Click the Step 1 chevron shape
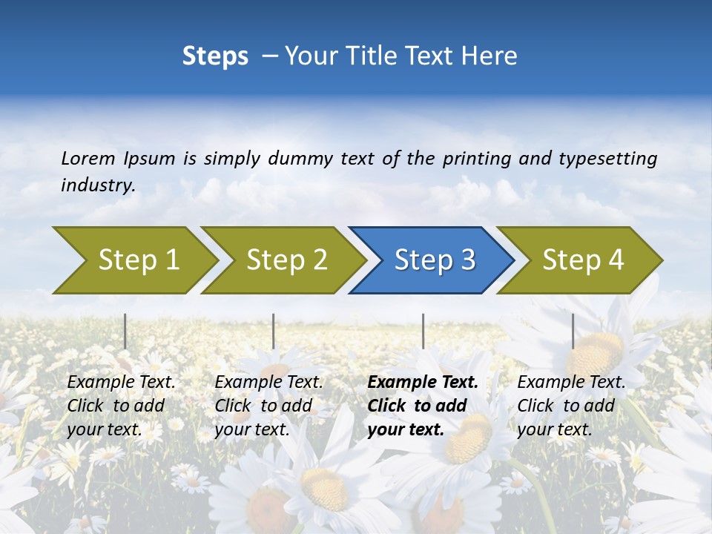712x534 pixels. coord(137,260)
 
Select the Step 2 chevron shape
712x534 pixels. coord(286,260)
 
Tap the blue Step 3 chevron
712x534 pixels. coord(434,260)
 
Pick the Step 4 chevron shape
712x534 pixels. coord(582,260)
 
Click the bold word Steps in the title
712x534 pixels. coord(215,56)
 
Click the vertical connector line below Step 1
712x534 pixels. coord(125,331)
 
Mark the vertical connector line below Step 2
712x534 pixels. coord(274,331)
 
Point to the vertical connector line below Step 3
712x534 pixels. coord(423,331)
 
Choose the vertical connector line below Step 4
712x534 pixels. coord(573,331)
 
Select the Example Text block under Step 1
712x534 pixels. coord(120,406)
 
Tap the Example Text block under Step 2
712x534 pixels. coord(268,406)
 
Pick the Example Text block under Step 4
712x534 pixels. coord(570,406)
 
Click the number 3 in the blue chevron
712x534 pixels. coord(467,260)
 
